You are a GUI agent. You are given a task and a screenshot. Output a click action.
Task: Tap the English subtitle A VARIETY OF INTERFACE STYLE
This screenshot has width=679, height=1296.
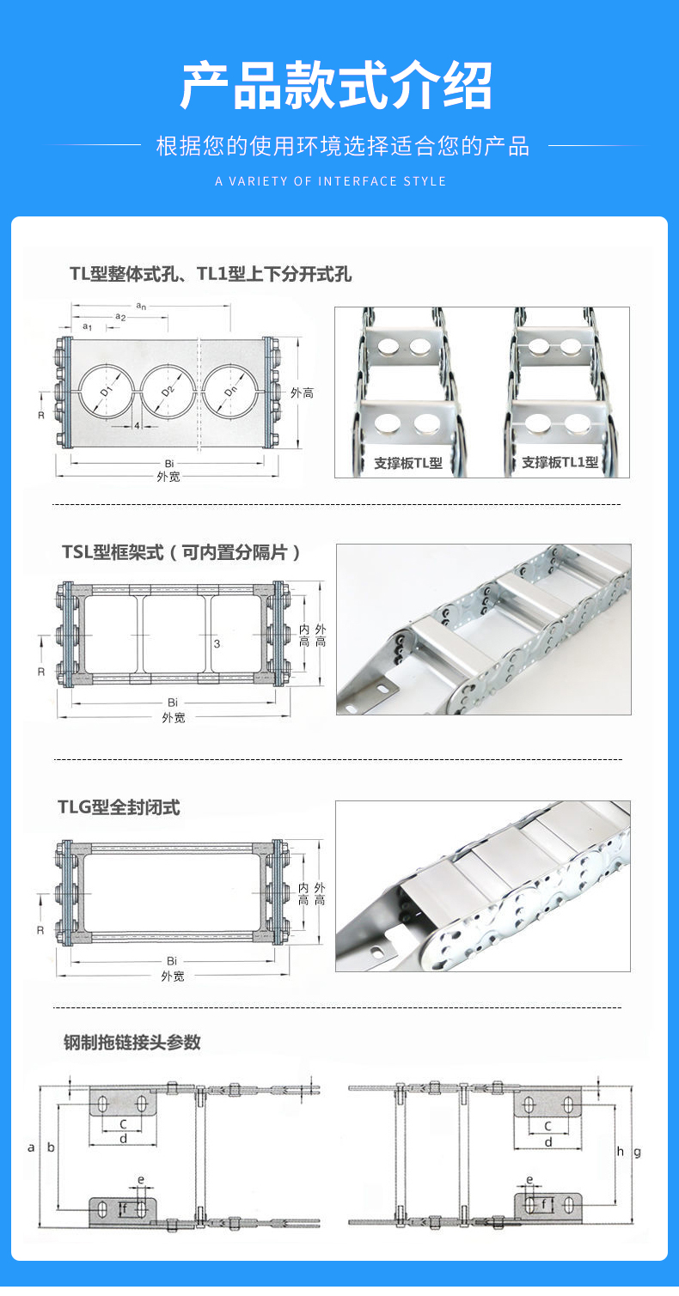point(331,181)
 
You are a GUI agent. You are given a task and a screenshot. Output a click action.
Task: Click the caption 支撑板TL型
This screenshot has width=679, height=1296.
point(407,463)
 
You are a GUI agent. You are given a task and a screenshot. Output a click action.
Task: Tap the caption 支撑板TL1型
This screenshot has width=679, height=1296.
point(560,463)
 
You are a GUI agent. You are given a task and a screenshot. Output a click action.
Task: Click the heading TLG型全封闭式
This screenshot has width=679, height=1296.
point(119,807)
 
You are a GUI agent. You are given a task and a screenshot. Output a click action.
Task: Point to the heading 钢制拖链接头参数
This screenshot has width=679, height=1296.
point(132,1042)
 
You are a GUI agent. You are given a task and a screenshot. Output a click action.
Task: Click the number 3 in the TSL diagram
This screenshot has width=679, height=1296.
point(217,643)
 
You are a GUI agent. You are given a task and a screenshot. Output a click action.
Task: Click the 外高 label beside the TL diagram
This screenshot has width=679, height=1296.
point(302,393)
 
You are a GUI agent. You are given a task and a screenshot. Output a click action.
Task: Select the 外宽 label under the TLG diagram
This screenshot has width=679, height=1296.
point(173,977)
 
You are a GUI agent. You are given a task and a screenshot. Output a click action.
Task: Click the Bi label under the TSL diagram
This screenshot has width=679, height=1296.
point(173,703)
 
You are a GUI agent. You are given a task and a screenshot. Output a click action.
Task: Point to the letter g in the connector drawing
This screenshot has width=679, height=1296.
point(638,1153)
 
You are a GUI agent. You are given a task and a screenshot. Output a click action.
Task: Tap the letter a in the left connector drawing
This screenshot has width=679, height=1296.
point(32,1147)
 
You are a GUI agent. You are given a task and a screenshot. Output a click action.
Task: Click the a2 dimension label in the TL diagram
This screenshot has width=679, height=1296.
point(120,318)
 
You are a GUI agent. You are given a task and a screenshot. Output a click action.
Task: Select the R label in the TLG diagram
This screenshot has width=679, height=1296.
point(40,930)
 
